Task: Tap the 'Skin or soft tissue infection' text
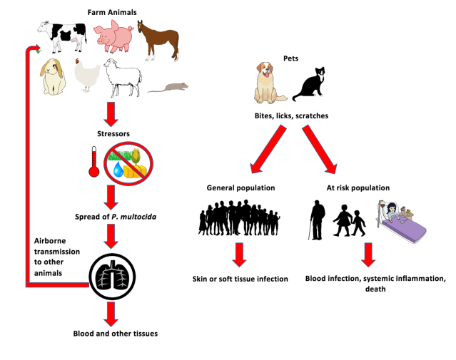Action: point(240,278)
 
